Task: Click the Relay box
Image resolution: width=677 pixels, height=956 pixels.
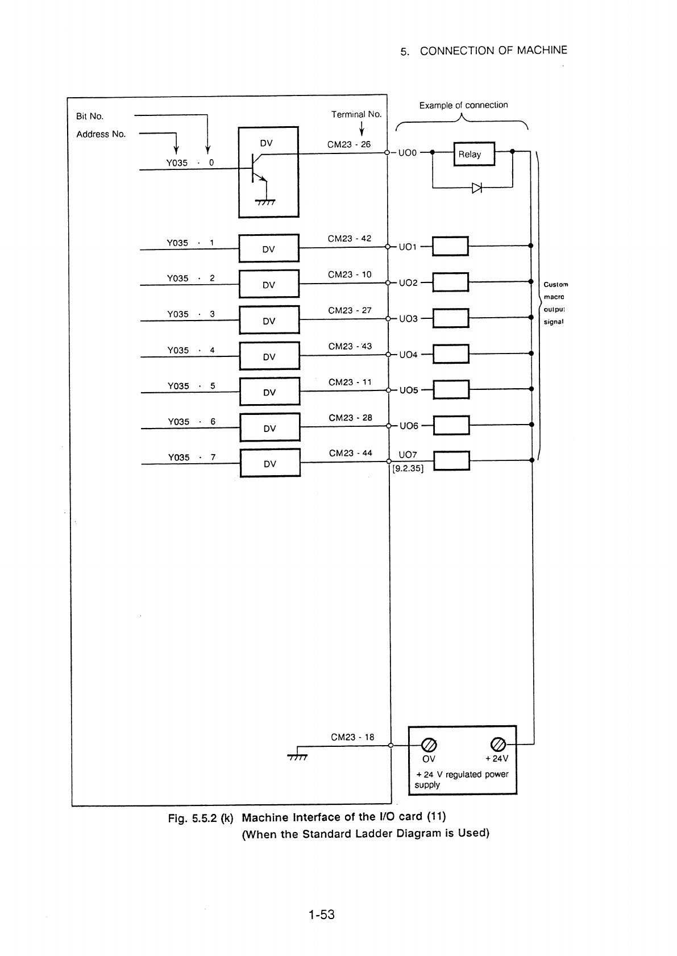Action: (474, 153)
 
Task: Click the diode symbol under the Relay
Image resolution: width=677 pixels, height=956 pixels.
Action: (477, 188)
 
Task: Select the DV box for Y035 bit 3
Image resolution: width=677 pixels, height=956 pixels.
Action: (269, 320)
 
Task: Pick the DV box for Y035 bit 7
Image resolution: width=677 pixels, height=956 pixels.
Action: (270, 463)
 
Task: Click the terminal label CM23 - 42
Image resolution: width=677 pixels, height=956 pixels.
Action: (349, 239)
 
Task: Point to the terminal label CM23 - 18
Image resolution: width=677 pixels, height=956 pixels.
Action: (352, 737)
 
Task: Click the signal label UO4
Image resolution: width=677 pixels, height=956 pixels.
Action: (408, 355)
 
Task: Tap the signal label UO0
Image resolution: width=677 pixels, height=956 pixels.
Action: (407, 153)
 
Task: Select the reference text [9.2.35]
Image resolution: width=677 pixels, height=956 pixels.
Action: (408, 468)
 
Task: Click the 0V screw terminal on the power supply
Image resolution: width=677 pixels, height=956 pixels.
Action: (429, 745)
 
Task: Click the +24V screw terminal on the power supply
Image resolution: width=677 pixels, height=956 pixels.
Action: (498, 745)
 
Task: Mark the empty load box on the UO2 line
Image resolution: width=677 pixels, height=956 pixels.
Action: (451, 282)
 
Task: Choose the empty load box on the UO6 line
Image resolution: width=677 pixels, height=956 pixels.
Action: (452, 425)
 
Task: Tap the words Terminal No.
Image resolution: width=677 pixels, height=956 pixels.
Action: (356, 114)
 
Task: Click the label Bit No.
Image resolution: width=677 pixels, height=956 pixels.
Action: (90, 116)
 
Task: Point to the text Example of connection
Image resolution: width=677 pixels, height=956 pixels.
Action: (464, 105)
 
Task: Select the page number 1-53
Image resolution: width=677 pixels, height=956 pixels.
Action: (322, 915)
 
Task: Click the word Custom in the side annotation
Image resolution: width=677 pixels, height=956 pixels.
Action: (556, 285)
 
